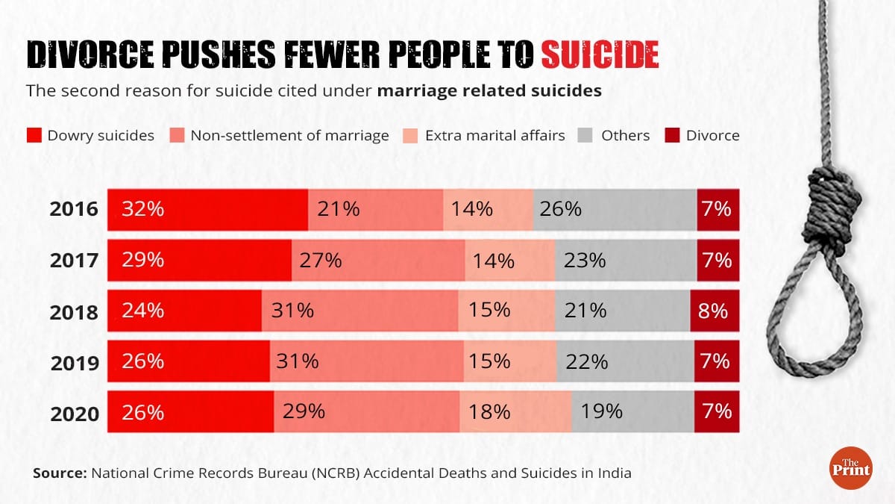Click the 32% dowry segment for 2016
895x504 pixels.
click(207, 209)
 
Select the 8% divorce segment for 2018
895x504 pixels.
click(715, 311)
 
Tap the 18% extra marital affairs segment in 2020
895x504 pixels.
click(515, 411)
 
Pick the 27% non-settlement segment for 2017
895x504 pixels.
click(377, 260)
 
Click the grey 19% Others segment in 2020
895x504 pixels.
click(632, 411)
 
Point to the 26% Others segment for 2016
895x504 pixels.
click(615, 209)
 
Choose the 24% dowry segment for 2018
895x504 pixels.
click(184, 311)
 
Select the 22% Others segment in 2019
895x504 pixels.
click(625, 361)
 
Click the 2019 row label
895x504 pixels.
click(74, 364)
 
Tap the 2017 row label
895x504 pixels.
click(74, 261)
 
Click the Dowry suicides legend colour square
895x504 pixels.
click(34, 136)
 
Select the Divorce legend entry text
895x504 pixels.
click(712, 136)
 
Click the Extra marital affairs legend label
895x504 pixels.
click(494, 136)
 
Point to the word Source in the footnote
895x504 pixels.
click(59, 473)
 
